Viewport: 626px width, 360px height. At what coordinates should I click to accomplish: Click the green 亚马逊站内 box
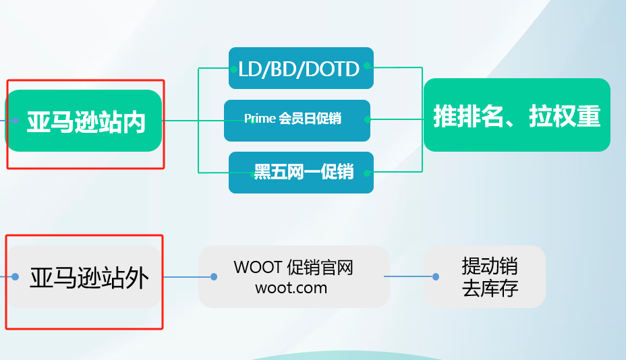point(85,121)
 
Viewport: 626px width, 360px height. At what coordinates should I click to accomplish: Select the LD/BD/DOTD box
point(301,68)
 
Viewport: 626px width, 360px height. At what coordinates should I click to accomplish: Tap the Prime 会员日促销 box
point(297,120)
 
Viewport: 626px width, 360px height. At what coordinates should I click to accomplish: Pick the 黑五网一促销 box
point(301,173)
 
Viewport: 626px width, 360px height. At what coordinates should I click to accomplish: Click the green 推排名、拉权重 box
point(517,115)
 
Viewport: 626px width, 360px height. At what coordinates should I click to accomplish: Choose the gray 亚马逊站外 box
point(88,277)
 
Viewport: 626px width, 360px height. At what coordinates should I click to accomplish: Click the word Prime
point(260,119)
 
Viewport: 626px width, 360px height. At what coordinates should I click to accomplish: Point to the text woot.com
point(291,287)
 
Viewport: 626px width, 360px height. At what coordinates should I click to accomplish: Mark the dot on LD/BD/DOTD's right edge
point(367,66)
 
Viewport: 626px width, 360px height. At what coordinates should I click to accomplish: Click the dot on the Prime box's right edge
point(367,119)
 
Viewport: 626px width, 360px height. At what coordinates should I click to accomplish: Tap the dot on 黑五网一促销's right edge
point(367,173)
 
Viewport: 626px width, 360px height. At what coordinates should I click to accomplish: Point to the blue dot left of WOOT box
point(214,276)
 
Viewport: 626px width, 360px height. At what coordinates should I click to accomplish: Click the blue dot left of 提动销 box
point(436,276)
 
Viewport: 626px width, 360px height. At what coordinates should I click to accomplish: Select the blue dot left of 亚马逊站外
point(15,276)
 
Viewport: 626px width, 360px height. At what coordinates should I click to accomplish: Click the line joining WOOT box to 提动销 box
point(409,276)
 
